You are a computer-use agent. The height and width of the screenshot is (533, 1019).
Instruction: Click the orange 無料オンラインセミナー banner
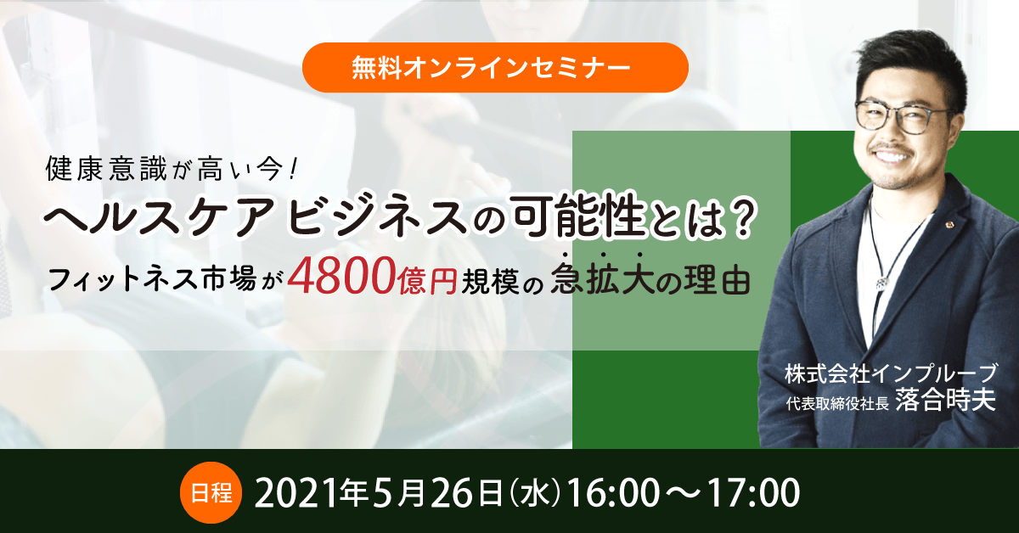pyautogui.click(x=497, y=68)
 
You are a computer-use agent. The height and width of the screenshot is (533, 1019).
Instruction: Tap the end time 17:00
pyautogui.click(x=747, y=493)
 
